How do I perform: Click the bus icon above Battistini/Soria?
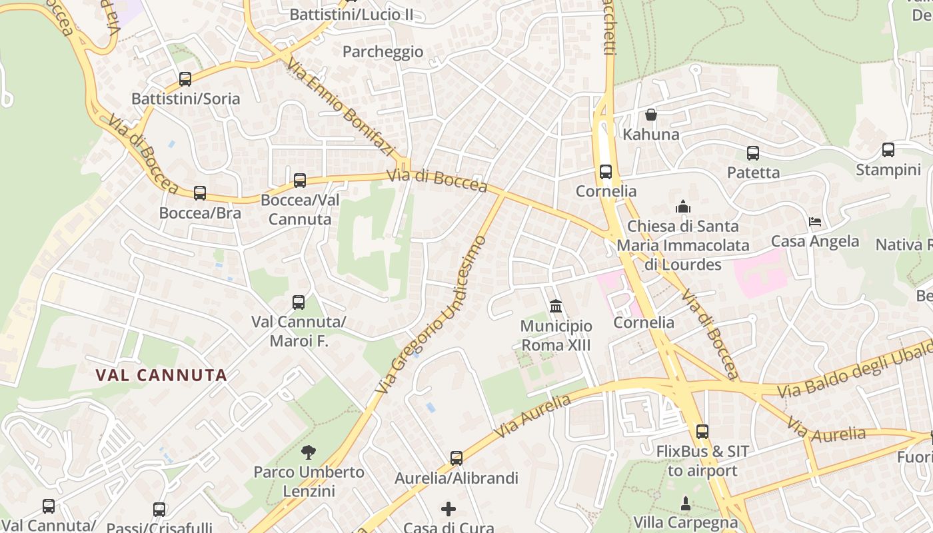coord(185,79)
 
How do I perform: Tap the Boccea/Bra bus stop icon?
coord(200,193)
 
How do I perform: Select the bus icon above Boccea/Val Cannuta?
coord(300,180)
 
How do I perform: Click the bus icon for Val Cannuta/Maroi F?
coord(299,302)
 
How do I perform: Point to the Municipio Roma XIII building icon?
coord(556,306)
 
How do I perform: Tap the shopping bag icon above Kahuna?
coord(651,115)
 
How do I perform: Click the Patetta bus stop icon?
coord(753,153)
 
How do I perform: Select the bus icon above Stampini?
coord(888,150)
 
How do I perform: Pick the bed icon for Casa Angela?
coord(814,222)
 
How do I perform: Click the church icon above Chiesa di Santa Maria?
coord(683,207)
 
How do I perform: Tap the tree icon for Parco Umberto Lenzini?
coord(309,452)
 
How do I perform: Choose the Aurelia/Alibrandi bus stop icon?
coord(457,458)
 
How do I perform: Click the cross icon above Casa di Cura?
coord(449,509)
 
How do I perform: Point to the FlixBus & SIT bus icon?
coord(702,432)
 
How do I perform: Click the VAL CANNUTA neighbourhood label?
coord(162,375)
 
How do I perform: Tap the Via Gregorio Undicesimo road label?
coord(429,313)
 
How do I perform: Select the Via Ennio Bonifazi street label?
coord(342,107)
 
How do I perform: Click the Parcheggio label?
coord(383,51)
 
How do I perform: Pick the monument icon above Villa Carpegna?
coord(685,502)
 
